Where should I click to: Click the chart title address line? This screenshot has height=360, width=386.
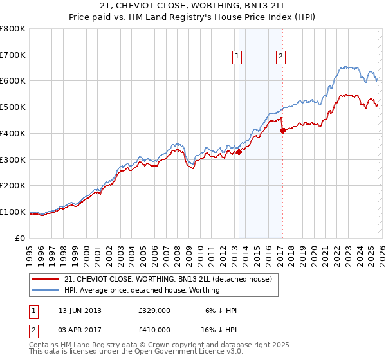coord(193,6)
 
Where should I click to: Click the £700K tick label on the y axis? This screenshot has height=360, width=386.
coord(13,55)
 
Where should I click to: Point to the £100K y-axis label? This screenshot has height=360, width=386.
coord(13,212)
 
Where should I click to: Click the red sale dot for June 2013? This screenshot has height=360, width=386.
coord(239,152)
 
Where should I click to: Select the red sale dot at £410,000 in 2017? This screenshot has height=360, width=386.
coord(282,130)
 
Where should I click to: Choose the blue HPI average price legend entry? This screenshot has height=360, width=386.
coord(142,290)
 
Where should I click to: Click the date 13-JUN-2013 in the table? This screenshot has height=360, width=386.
coord(80,310)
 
